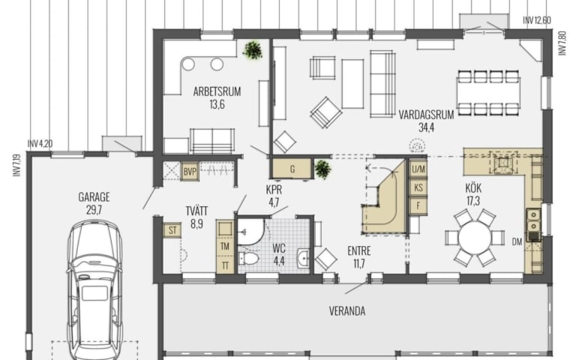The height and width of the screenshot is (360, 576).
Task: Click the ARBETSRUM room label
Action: point(217,91)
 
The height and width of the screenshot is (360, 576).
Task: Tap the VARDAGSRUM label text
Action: point(426,115)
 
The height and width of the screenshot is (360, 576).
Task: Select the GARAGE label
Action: point(94,197)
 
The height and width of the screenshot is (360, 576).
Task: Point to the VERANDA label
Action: point(347,311)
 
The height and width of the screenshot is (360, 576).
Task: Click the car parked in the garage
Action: point(94,290)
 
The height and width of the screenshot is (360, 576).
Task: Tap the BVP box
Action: point(190,171)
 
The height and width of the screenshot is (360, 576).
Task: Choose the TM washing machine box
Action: point(225,247)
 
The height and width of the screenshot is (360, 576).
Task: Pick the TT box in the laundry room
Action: point(225,265)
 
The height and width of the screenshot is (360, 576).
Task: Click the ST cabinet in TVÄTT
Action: point(172,230)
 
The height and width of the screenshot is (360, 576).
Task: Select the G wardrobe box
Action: point(292,169)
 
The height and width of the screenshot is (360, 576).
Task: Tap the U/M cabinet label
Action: point(418,169)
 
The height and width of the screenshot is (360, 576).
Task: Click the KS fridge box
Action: point(418,187)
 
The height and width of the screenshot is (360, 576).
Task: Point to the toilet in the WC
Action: point(249,258)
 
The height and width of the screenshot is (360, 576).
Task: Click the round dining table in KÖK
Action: point(475,238)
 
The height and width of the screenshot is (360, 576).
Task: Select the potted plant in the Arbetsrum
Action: point(253,50)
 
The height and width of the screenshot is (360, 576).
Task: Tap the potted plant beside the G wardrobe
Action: point(322,169)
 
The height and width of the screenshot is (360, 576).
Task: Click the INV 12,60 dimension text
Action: point(537,20)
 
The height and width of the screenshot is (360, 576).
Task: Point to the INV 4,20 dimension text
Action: point(40,144)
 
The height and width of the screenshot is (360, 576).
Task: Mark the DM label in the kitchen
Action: point(517,241)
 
